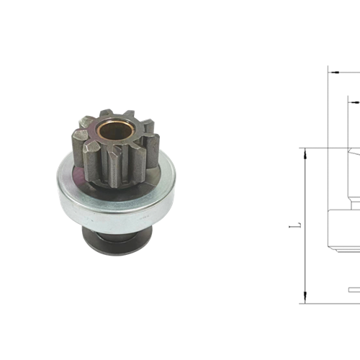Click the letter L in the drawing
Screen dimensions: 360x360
pyautogui.click(x=292, y=226)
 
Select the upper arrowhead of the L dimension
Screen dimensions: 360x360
pyautogui.click(x=305, y=152)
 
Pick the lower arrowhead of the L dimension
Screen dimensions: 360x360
pyautogui.click(x=305, y=299)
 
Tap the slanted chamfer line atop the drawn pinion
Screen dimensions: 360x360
pyautogui.click(x=354, y=153)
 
